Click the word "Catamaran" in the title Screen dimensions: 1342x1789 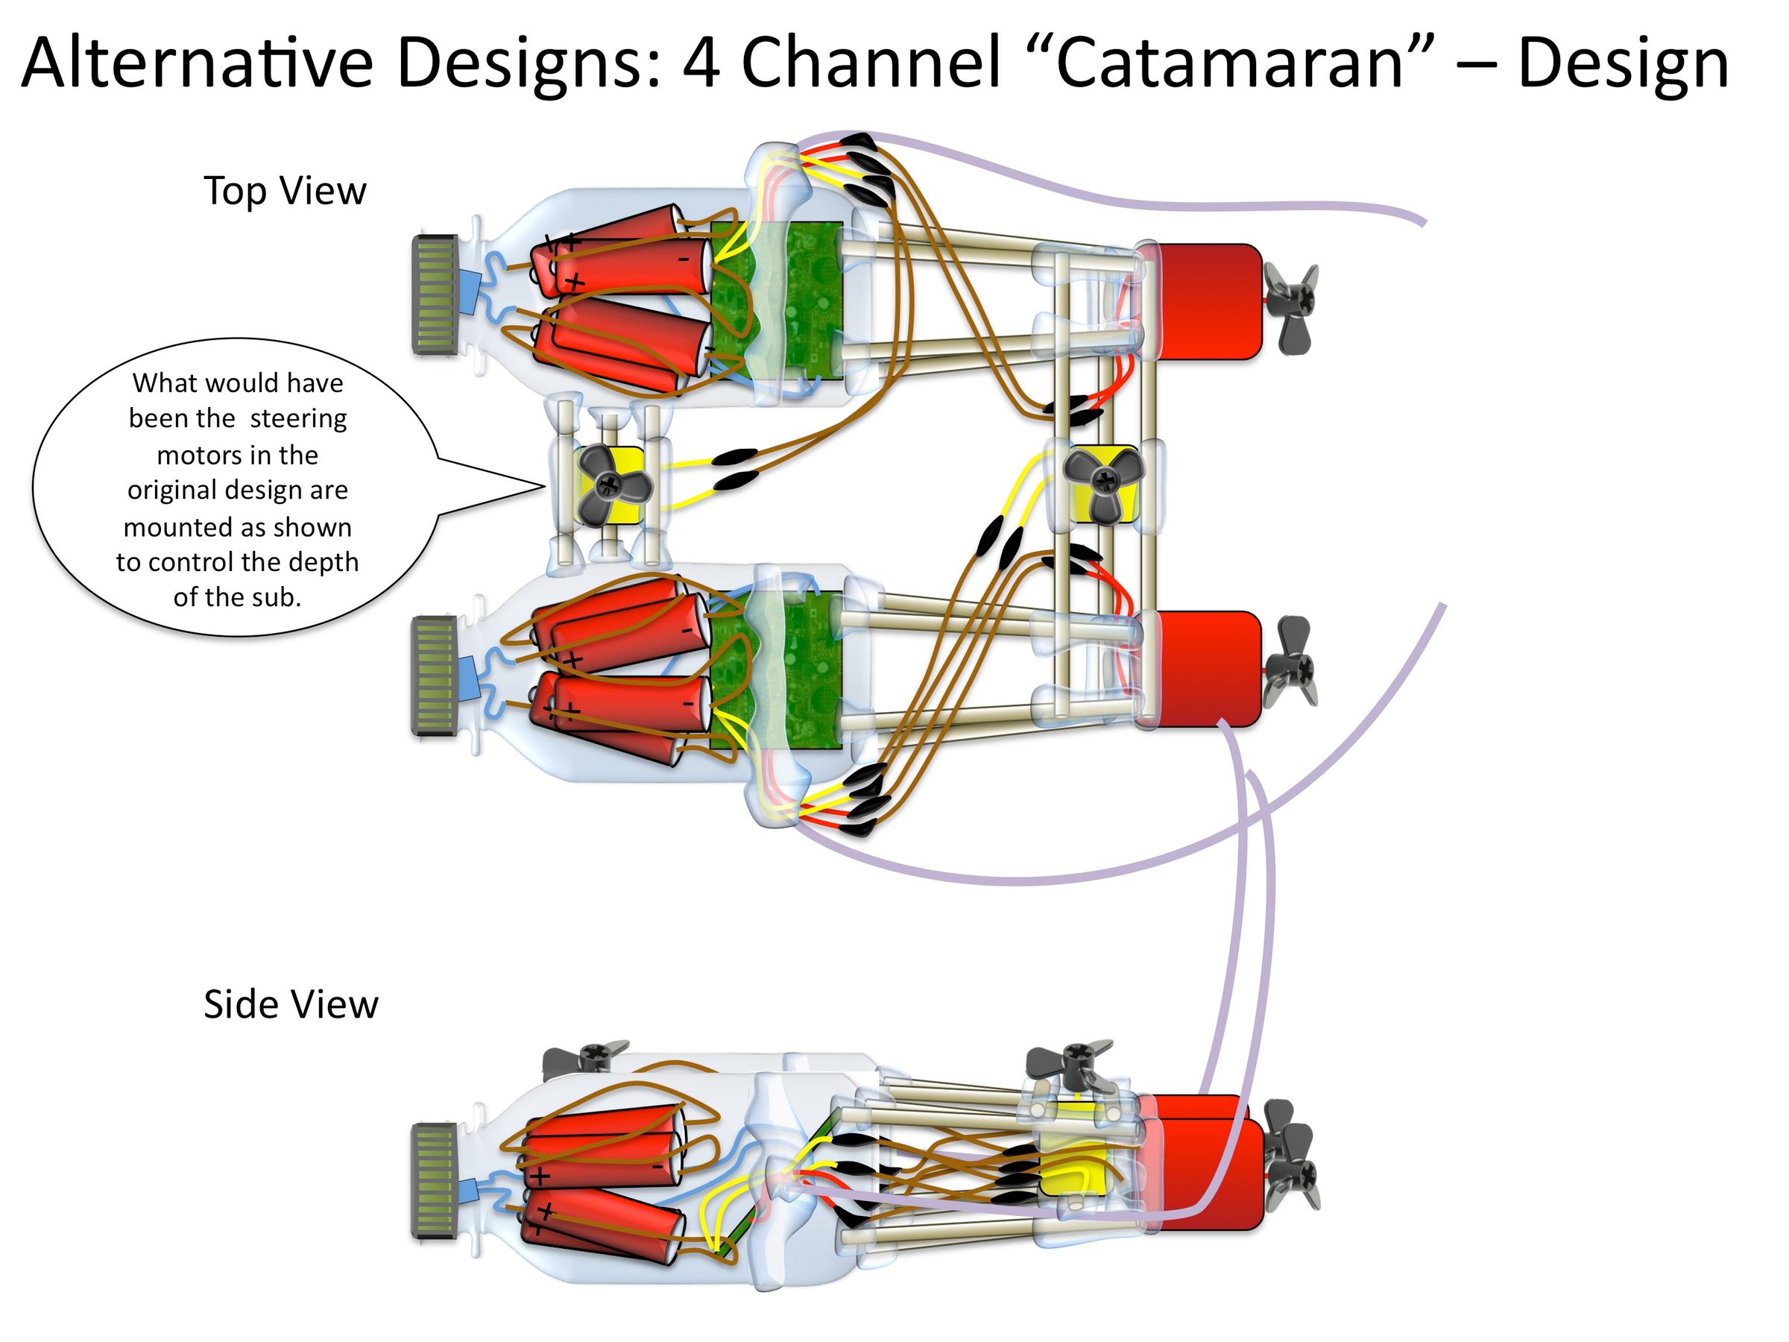(x=1228, y=63)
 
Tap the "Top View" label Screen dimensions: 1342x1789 (x=285, y=191)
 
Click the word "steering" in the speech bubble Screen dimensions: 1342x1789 (x=298, y=419)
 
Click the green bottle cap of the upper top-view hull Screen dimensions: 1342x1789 (x=435, y=294)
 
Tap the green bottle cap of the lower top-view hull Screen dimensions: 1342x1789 (x=435, y=675)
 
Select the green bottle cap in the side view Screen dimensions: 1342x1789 (x=435, y=1181)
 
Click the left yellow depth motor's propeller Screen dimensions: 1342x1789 (x=610, y=484)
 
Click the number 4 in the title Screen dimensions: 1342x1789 (x=701, y=63)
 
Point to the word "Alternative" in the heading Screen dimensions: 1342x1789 (x=197, y=63)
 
